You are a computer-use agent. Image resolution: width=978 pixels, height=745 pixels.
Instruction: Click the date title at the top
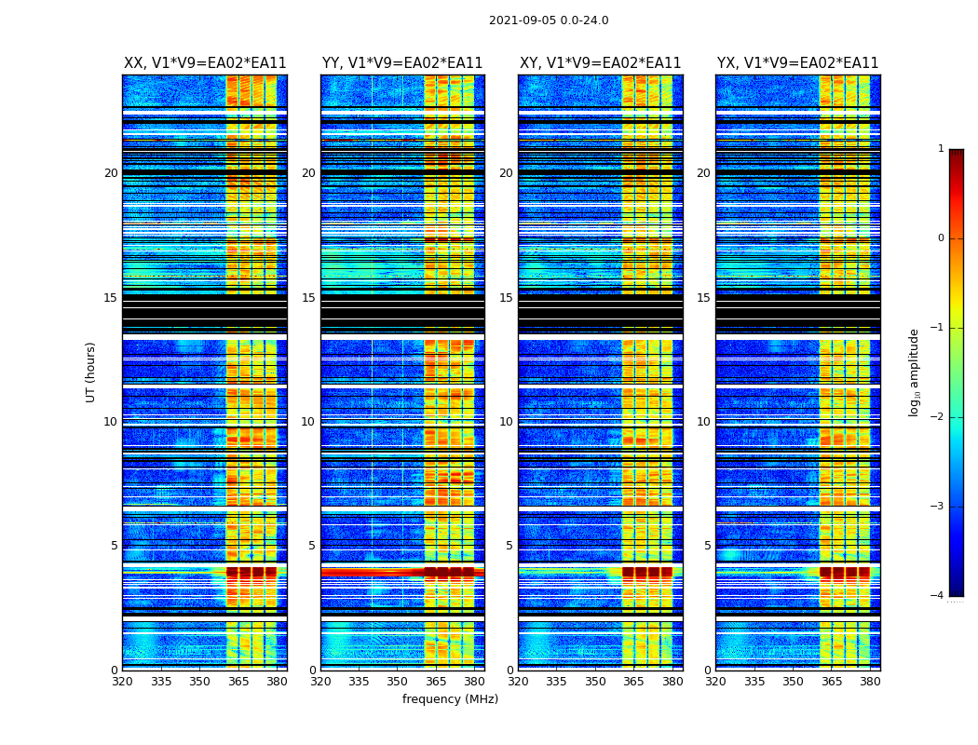point(549,20)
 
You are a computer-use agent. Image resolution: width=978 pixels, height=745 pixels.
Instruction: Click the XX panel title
point(205,63)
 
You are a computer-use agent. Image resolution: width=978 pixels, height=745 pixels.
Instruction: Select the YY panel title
point(402,63)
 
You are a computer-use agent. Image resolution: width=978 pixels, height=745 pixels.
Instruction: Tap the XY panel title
point(600,63)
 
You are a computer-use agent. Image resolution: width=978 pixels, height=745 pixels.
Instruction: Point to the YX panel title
point(797,63)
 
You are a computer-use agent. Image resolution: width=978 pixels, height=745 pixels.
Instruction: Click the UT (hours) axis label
point(91,372)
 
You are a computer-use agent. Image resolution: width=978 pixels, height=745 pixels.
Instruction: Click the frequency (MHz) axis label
point(450,699)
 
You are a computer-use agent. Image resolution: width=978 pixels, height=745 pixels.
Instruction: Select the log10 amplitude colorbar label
point(915,372)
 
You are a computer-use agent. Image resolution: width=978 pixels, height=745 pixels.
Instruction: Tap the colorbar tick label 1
point(941,149)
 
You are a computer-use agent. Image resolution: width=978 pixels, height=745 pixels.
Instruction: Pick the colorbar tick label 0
point(941,238)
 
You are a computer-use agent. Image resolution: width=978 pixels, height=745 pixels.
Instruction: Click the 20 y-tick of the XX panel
point(111,173)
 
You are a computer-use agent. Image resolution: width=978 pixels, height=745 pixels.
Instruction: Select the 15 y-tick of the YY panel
point(308,298)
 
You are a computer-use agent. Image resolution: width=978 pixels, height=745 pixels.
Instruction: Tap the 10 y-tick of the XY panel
point(506,422)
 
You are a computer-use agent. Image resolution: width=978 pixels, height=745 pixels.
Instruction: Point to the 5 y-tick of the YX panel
point(707,546)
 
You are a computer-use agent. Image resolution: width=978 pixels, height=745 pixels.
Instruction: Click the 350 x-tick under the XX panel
point(199,682)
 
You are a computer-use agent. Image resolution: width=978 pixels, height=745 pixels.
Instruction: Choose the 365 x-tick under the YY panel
point(436,682)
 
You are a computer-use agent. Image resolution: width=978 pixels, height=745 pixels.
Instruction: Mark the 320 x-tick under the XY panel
point(518,682)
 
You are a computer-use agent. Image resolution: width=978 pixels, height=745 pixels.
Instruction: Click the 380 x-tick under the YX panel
point(870,682)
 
